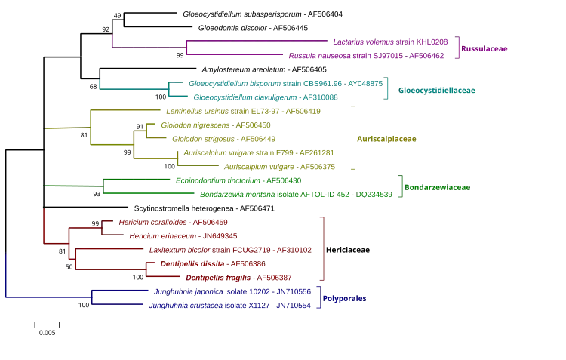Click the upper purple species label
(391, 42)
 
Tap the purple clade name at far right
(487, 48)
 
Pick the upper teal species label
(283, 82)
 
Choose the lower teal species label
(265, 97)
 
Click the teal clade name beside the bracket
(438, 90)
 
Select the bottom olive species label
(281, 167)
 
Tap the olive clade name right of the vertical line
(386, 140)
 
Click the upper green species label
(238, 180)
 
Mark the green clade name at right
(438, 187)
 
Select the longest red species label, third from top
(229, 249)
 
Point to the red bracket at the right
(324, 249)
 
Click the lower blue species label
(229, 306)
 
